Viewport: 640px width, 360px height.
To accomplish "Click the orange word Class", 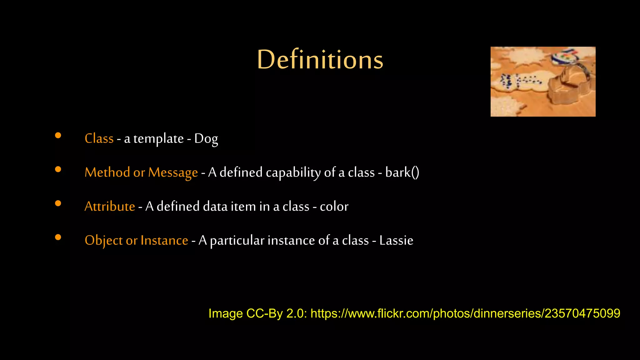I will (x=99, y=138).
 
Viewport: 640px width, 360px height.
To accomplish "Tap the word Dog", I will (x=206, y=138).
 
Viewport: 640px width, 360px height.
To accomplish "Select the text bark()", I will (x=402, y=172).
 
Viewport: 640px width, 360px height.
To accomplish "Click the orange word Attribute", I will (x=110, y=206).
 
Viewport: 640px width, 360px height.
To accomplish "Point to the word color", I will (x=334, y=206).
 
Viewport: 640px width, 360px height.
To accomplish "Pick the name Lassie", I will (x=396, y=240).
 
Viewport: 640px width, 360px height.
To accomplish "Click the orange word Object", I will (x=103, y=240).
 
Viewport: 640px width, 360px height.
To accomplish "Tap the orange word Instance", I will (x=164, y=240).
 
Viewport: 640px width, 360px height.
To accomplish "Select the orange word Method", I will (x=107, y=172).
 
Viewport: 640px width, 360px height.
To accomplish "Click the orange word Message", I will (x=173, y=172).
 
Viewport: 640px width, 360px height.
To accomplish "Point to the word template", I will (x=158, y=138).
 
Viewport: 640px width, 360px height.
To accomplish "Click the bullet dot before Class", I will (x=58, y=135).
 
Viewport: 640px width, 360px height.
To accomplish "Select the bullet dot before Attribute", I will (x=58, y=203).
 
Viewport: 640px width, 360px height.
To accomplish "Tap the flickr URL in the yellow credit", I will (x=465, y=313).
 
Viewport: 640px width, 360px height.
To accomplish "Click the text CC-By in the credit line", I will (x=264, y=313).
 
